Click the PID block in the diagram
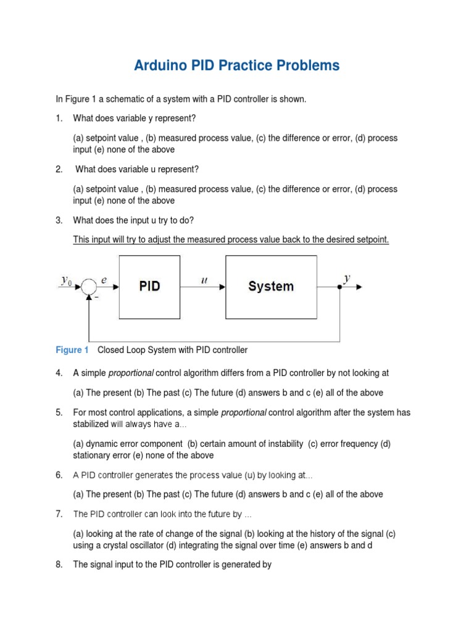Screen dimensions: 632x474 149,286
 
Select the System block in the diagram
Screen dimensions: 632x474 270,286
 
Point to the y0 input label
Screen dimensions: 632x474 67,280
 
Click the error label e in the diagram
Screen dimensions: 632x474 104,280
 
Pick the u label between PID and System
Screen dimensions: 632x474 204,280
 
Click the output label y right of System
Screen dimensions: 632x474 347,278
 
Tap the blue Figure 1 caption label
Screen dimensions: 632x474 72,350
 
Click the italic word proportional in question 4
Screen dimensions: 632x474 131,373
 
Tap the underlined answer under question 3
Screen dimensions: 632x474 231,239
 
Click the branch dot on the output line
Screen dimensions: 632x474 339,287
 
